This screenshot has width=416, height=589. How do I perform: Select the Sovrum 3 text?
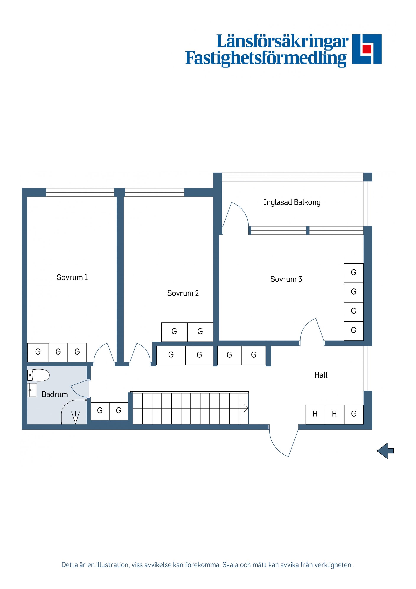[x=286, y=279]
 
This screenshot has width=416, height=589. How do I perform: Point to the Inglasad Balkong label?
[x=292, y=202]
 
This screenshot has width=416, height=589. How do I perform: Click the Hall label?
[x=321, y=375]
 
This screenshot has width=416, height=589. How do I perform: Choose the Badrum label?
[x=55, y=394]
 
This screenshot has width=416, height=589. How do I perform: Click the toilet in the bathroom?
[x=38, y=375]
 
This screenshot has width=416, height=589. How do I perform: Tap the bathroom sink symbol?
[x=32, y=390]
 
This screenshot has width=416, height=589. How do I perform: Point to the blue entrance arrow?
[x=385, y=451]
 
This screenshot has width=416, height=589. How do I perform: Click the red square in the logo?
[x=367, y=49]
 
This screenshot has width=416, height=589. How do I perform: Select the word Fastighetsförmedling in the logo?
[x=266, y=58]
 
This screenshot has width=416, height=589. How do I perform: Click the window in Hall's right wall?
[x=367, y=368]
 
